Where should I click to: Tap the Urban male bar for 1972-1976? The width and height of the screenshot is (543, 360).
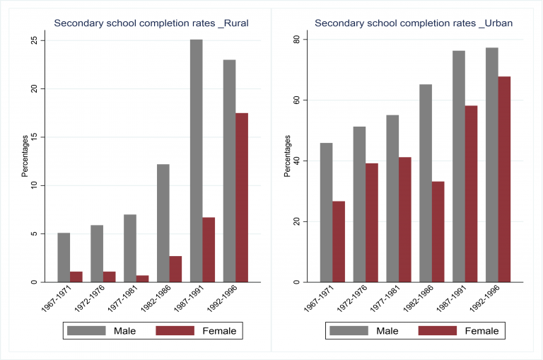pyautogui.click(x=360, y=204)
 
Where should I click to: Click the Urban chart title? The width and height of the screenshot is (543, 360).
pyautogui.click(x=414, y=23)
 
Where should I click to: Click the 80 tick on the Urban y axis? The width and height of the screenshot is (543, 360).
pyautogui.click(x=297, y=39)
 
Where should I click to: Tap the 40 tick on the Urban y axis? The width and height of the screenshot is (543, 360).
pyautogui.click(x=297, y=161)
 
